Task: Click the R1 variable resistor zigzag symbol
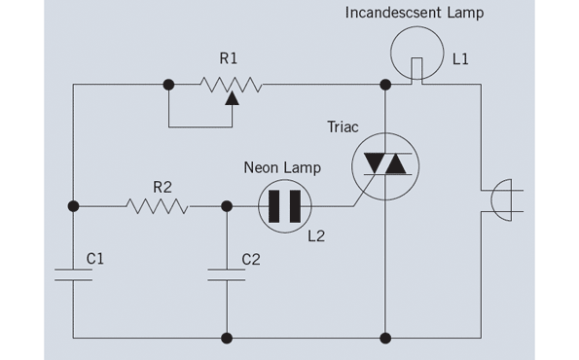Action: [230, 85]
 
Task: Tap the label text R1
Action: [229, 59]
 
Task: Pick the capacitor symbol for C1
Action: [74, 273]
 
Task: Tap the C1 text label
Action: [95, 259]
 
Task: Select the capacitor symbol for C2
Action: [227, 273]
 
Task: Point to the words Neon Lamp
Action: [281, 168]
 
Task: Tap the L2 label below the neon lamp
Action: [314, 236]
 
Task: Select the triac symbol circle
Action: [385, 164]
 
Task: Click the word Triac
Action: [345, 126]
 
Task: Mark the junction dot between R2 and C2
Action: [227, 206]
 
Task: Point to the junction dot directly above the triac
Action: [385, 85]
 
